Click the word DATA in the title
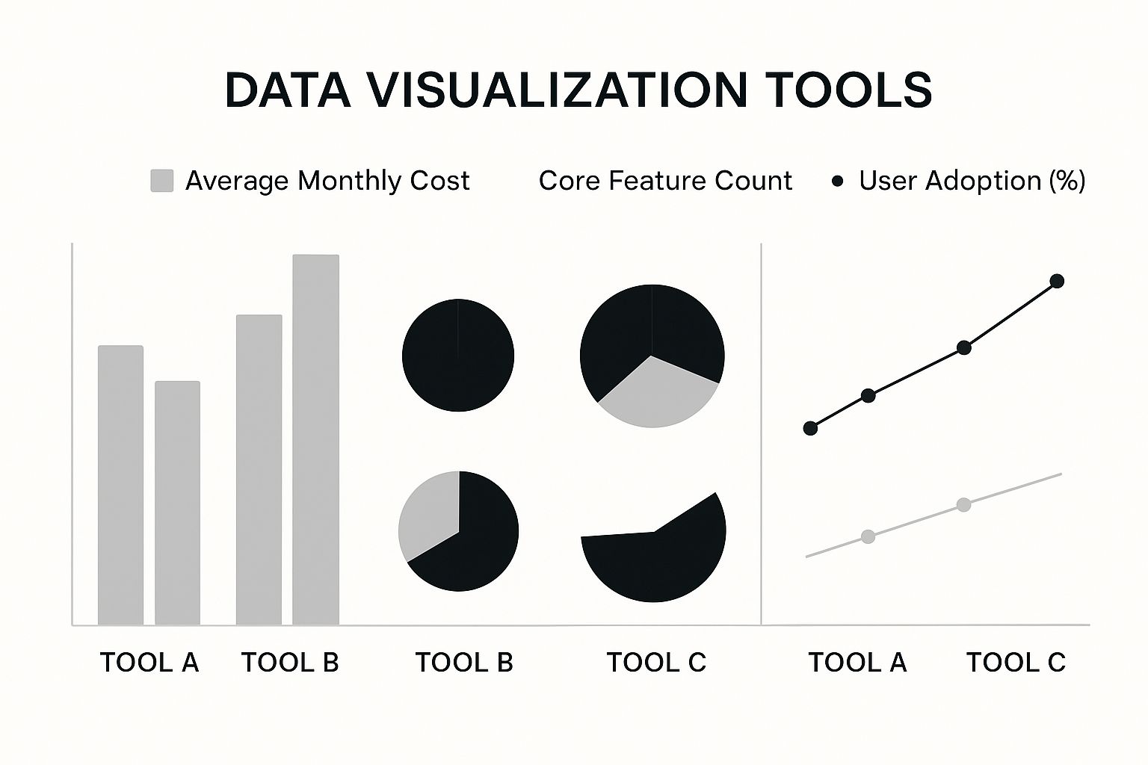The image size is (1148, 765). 288,90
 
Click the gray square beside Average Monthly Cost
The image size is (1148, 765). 162,181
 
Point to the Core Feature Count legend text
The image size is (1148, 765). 665,181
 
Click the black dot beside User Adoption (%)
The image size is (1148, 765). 837,182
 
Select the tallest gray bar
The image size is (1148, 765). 315,439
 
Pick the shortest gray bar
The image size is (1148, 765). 177,504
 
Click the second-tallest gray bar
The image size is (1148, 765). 259,470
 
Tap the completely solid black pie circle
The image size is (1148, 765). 458,355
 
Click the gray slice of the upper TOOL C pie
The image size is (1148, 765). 656,397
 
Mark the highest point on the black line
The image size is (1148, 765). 1057,282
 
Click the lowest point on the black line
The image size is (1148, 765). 810,428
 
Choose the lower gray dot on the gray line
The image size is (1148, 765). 868,537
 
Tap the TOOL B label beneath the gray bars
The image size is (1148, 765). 290,663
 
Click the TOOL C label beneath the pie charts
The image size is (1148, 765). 656,663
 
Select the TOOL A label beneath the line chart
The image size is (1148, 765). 857,663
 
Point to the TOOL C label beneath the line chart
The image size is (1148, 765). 1016,663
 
